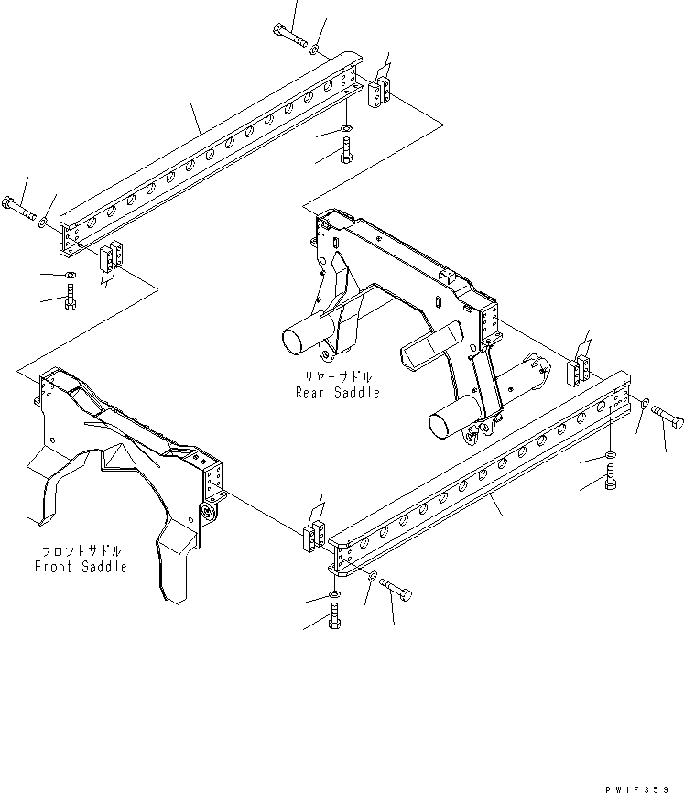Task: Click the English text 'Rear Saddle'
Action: pyautogui.click(x=337, y=393)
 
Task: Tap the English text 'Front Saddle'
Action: pyautogui.click(x=81, y=567)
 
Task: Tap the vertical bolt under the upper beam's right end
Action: pyautogui.click(x=346, y=149)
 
